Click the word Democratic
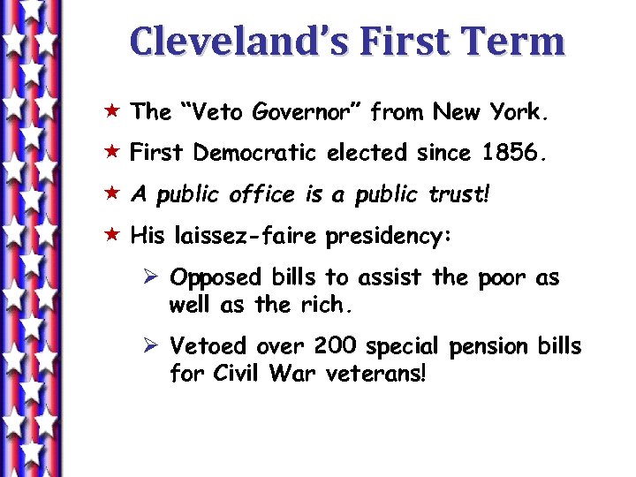point(256,153)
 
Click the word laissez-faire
point(249,237)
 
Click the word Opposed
point(216,277)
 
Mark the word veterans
point(375,374)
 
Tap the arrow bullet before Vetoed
point(150,345)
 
